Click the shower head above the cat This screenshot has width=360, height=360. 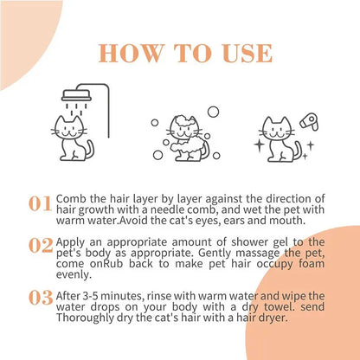[76, 95]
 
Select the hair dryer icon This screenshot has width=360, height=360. [309, 122]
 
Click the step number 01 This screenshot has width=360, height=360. [40, 203]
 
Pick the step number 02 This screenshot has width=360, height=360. [41, 246]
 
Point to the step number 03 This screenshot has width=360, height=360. [41, 298]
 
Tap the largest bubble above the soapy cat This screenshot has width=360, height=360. [214, 112]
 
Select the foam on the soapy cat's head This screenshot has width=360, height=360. [184, 122]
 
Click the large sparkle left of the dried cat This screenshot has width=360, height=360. [259, 145]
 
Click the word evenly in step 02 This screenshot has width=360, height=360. [74, 274]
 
